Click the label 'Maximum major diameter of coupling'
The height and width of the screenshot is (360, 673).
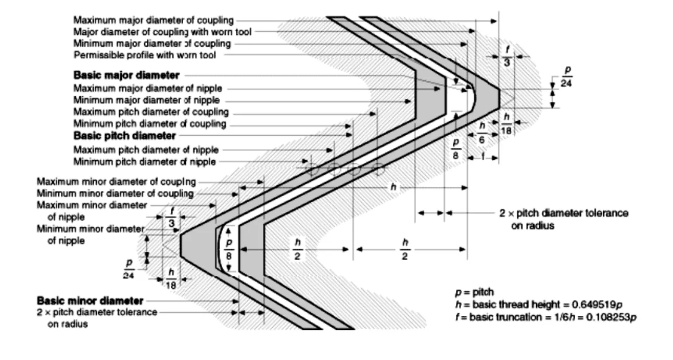pos(154,21)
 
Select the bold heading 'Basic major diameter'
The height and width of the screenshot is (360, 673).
pos(126,75)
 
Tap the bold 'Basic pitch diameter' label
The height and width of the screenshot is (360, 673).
pos(124,136)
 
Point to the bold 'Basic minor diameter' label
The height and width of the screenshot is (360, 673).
pos(90,301)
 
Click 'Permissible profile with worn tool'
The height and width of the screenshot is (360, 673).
pos(145,55)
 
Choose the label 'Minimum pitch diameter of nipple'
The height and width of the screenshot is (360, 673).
pos(144,162)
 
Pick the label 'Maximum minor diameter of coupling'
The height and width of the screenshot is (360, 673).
pos(116,182)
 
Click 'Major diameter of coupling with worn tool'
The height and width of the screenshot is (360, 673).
pos(162,32)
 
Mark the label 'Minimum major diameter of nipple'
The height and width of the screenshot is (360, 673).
pos(146,100)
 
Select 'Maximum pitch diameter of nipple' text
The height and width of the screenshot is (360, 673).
pos(146,150)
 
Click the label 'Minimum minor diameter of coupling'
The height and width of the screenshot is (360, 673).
pos(115,194)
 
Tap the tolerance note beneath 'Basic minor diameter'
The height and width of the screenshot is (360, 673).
pos(96,317)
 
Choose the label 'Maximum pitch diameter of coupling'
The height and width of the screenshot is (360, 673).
pos(151,112)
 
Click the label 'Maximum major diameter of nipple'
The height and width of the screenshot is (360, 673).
pos(148,88)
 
